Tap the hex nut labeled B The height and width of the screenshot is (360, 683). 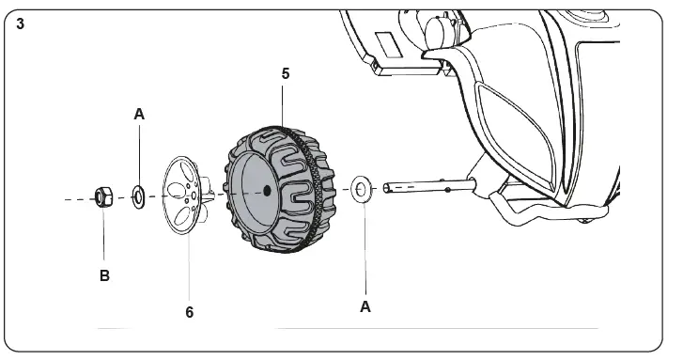coord(102,197)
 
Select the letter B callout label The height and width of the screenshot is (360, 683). coord(104,276)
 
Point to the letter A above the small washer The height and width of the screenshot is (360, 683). coord(139,114)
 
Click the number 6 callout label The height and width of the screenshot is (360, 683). coord(190,312)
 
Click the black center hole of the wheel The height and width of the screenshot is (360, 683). coord(267,191)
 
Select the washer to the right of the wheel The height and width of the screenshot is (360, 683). coord(361,189)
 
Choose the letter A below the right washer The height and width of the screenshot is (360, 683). coord(365,305)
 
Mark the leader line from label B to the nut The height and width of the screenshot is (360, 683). coord(103,235)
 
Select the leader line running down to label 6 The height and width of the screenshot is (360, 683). coord(189,263)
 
